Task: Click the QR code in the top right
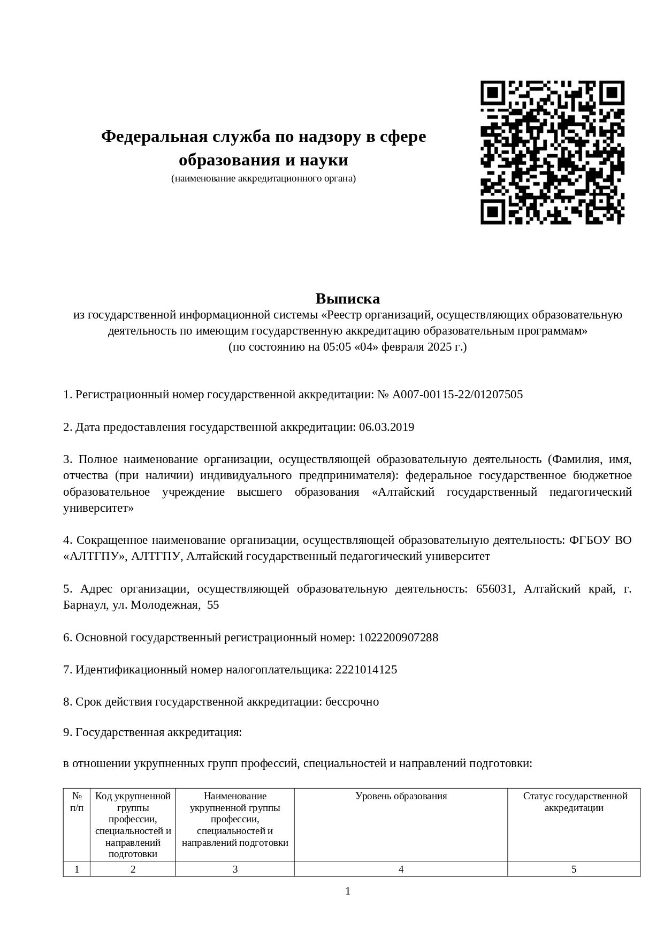[x=552, y=153]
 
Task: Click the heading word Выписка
[x=347, y=298]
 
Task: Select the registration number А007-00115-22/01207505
[x=457, y=395]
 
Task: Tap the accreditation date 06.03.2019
[x=386, y=427]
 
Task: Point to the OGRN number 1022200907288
[x=398, y=638]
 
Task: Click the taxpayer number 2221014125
[x=366, y=670]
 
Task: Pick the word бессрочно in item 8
[x=352, y=702]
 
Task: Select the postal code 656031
[x=495, y=589]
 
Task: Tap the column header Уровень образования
[x=401, y=796]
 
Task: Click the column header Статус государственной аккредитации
[x=574, y=802]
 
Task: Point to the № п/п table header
[x=77, y=802]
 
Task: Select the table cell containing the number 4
[x=401, y=869]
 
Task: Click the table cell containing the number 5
[x=574, y=869]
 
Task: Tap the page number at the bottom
[x=348, y=891]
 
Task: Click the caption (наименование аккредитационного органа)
[x=263, y=178]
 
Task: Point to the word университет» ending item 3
[x=98, y=508]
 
